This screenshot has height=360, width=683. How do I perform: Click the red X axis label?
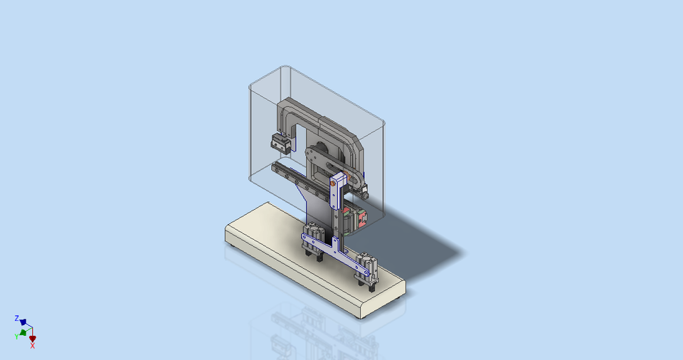(x=33, y=346)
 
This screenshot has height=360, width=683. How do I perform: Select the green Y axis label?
(x=16, y=336)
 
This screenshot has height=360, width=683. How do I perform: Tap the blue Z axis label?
(x=16, y=318)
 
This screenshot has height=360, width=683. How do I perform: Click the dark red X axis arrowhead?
(x=32, y=339)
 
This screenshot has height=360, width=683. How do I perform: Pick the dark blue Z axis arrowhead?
(x=23, y=322)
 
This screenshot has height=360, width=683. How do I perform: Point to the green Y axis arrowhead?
(x=23, y=332)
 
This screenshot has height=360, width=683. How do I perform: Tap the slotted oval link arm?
(x=327, y=160)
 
